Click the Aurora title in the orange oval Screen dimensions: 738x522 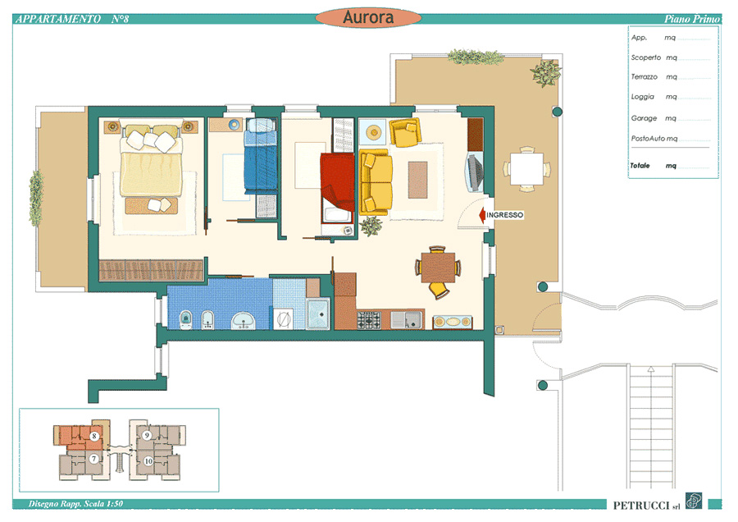pos(368,17)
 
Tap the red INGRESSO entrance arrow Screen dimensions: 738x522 pos(482,215)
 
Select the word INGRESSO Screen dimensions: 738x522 pos(504,215)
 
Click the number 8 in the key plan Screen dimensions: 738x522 pos(94,436)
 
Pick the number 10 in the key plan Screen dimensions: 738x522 pos(148,460)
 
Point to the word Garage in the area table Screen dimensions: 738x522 pos(644,118)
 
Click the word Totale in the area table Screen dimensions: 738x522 pos(640,165)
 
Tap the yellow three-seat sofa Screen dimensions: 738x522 pos(376,182)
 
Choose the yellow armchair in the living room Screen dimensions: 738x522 pos(405,132)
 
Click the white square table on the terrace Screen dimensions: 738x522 pos(526,168)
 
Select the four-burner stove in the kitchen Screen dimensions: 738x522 pos(368,320)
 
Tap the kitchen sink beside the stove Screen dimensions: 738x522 pos(406,320)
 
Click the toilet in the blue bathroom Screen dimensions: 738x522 pos(186,320)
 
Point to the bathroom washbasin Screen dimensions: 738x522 pos(244,321)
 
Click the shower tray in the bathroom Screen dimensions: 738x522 pos(318,314)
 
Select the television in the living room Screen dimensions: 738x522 pos(475,172)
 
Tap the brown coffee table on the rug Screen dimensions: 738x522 pos(417,180)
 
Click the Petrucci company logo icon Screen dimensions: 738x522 pos(693,501)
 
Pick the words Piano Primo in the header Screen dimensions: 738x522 pos(692,19)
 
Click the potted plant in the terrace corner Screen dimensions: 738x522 pos(545,72)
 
